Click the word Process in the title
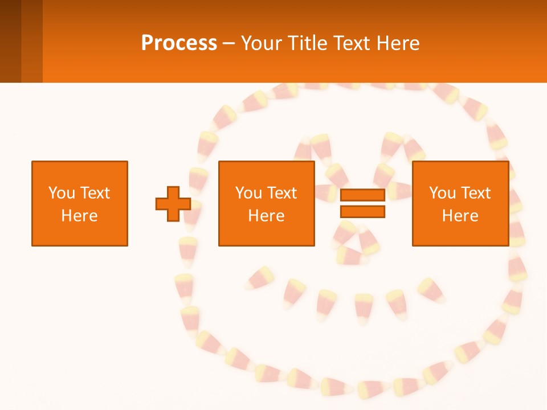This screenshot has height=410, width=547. click(x=179, y=43)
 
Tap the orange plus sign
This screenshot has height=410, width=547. click(x=173, y=204)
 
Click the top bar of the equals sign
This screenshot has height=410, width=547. click(x=362, y=195)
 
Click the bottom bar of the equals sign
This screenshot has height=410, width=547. click(x=362, y=212)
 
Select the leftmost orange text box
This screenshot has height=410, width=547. click(x=80, y=203)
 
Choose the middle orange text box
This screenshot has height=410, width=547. click(x=266, y=203)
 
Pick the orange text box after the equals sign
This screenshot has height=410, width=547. click(x=460, y=203)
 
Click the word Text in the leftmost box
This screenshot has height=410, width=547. click(x=95, y=193)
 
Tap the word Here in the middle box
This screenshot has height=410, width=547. click(x=266, y=216)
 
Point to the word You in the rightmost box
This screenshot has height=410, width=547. click(x=442, y=193)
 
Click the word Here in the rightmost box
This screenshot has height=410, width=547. click(x=460, y=216)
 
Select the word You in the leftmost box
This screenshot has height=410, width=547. click(x=62, y=193)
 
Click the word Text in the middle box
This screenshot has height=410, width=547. click(x=281, y=193)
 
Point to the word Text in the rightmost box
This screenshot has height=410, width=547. click(x=475, y=193)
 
